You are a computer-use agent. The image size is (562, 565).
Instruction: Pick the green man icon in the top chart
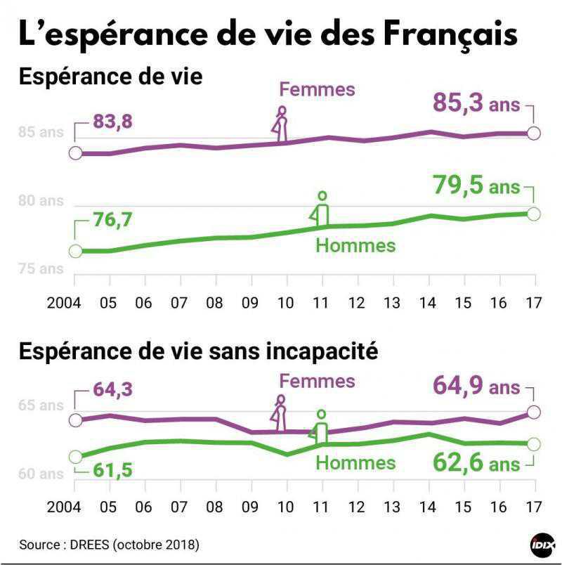tap(322, 209)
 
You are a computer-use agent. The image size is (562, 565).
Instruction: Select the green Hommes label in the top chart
tap(355, 245)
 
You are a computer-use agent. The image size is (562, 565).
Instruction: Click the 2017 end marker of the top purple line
tap(533, 133)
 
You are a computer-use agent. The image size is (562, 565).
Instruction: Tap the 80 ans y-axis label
tap(41, 201)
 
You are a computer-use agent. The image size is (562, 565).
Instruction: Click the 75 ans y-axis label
tap(41, 268)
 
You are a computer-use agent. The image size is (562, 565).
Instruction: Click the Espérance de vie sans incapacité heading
tap(198, 351)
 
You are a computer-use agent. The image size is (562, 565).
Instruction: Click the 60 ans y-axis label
tap(41, 474)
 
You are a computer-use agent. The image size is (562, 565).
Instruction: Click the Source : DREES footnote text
tap(109, 545)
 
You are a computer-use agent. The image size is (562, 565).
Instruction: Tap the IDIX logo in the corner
tap(542, 545)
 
